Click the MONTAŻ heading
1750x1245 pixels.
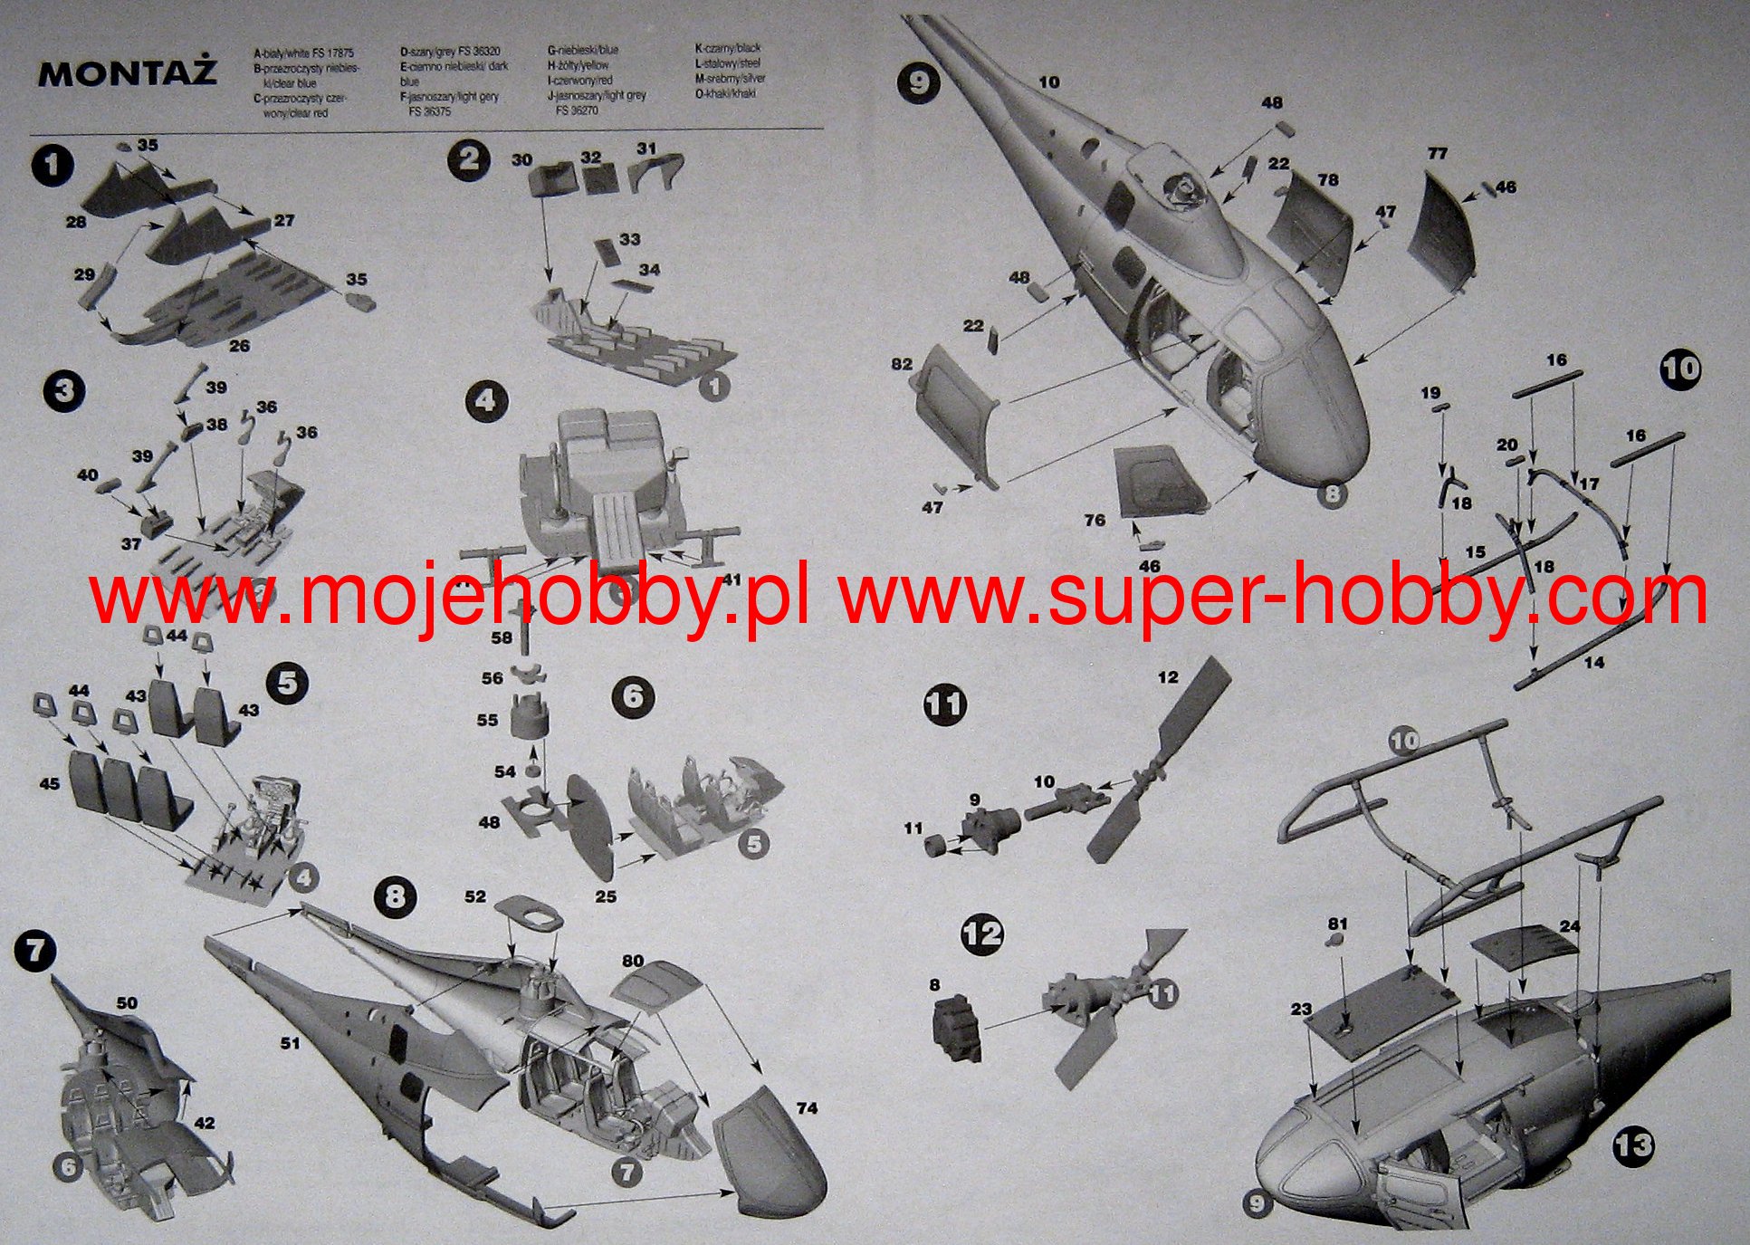tap(127, 73)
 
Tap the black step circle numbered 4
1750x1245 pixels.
tap(485, 399)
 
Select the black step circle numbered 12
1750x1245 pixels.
tap(982, 934)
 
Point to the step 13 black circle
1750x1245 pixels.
tap(1632, 1145)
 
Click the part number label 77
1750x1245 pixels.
tap(1437, 154)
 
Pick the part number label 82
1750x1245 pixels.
tap(901, 364)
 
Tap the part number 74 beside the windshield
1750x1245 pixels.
tap(806, 1107)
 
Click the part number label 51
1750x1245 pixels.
tap(290, 1044)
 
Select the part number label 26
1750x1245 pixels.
tap(239, 346)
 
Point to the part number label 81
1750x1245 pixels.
tap(1337, 924)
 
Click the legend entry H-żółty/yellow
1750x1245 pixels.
tap(578, 65)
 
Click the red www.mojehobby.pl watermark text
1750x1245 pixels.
tap(450, 598)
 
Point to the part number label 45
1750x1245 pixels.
tap(49, 782)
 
